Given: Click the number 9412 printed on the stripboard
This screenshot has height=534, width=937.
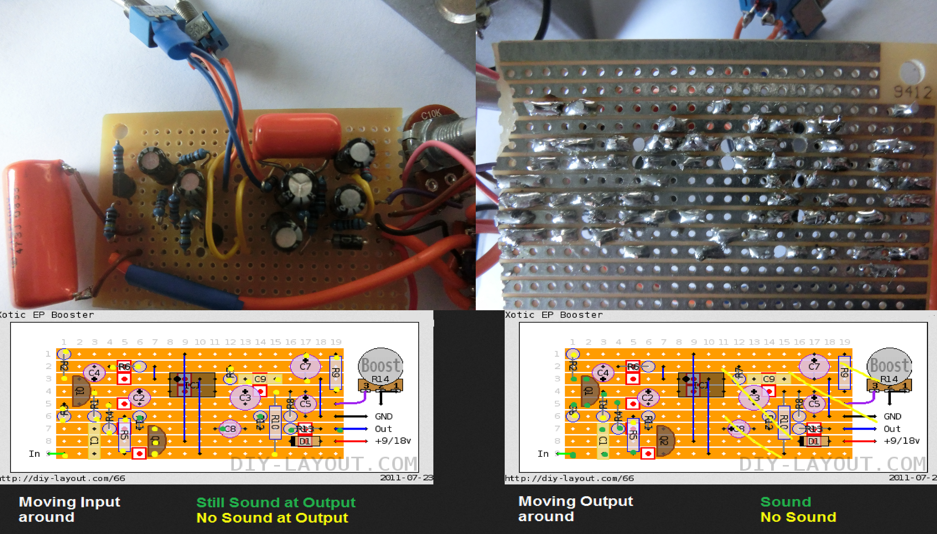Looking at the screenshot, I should tap(912, 92).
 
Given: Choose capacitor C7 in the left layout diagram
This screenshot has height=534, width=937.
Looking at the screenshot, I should tap(305, 366).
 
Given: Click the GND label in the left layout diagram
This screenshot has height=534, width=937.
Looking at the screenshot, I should tap(384, 416).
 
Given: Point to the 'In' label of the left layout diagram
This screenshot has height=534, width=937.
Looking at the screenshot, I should tap(34, 454).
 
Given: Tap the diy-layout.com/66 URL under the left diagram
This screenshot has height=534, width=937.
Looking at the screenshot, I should tap(62, 478).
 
